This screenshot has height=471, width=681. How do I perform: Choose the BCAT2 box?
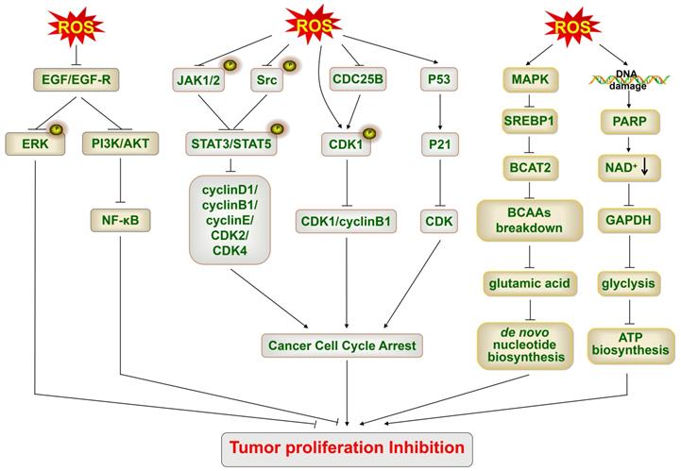(x=530, y=170)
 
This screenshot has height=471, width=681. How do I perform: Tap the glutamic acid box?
(x=530, y=280)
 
